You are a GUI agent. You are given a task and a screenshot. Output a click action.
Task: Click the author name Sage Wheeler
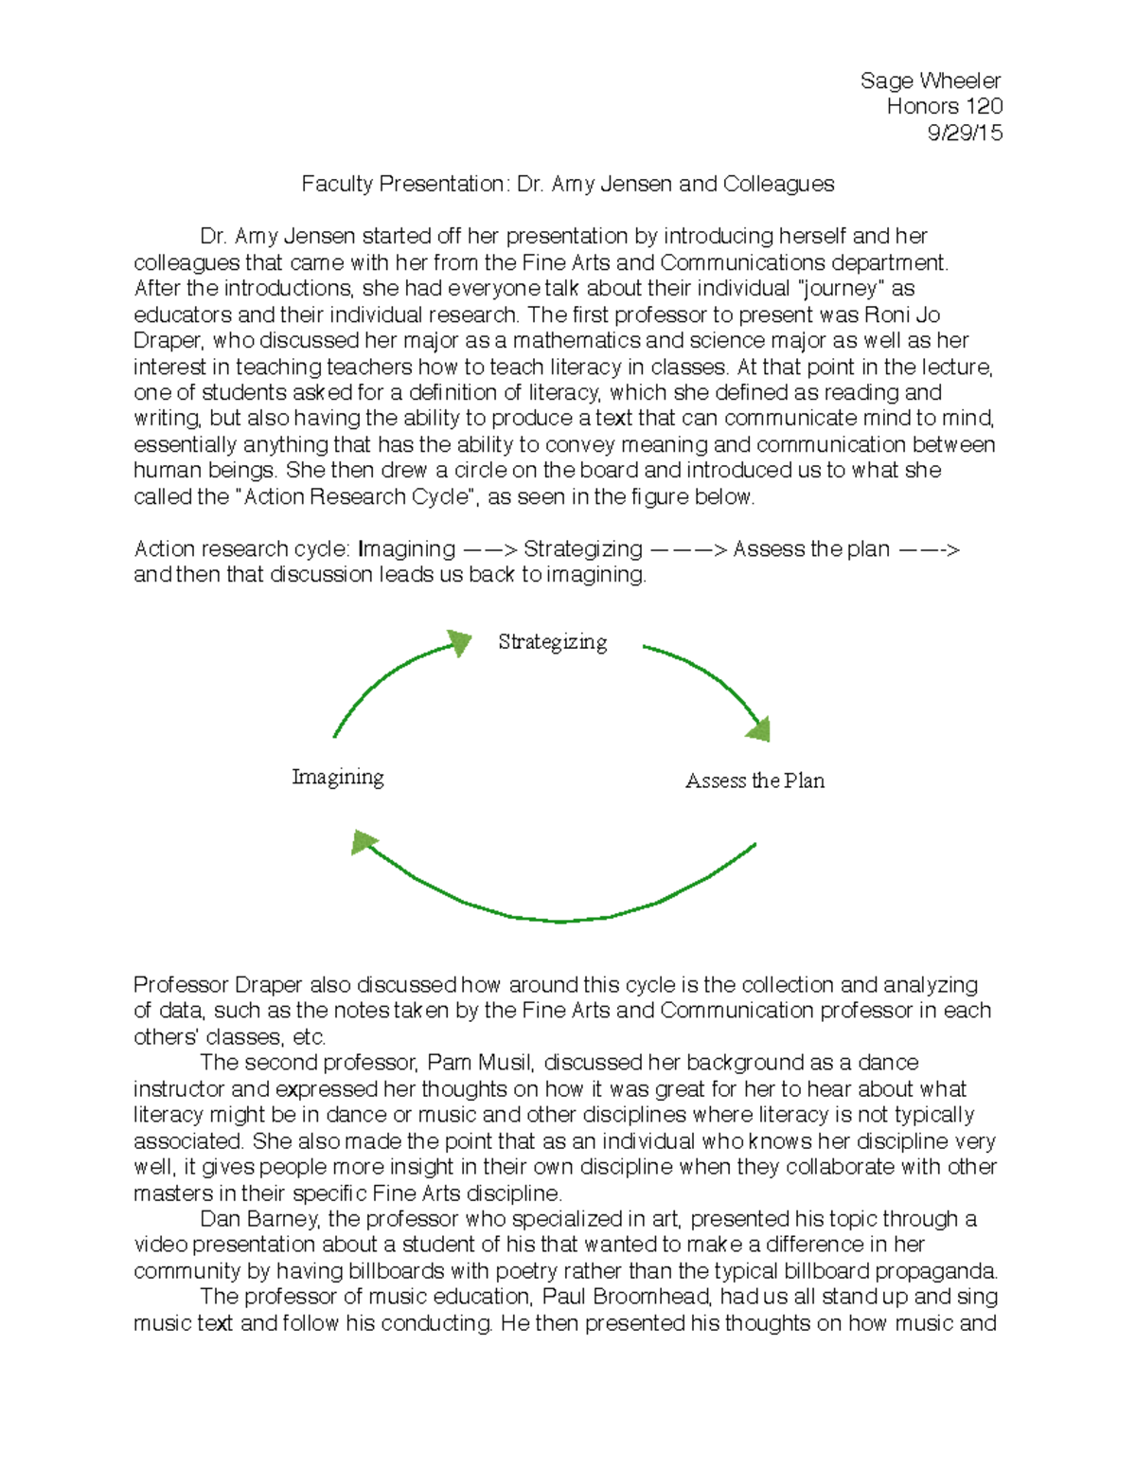click(930, 81)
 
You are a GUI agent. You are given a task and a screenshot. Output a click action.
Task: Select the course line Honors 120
click(944, 106)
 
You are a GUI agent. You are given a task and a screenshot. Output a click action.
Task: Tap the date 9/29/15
click(965, 133)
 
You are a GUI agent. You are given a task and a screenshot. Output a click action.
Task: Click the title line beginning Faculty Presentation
click(567, 184)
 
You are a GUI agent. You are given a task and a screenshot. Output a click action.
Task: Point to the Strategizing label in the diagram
click(552, 642)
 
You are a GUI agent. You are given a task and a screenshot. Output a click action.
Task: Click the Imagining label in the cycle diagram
click(338, 778)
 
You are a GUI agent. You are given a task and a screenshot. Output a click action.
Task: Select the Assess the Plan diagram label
click(754, 780)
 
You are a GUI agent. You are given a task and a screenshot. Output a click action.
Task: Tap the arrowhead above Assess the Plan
click(759, 728)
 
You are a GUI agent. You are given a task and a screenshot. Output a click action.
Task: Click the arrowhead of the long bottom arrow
click(364, 841)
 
